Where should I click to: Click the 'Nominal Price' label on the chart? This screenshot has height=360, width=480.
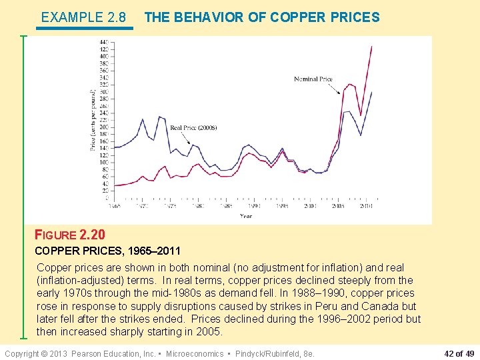coord(313,79)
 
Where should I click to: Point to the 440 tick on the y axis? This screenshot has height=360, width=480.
coord(103,43)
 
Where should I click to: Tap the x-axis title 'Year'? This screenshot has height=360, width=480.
coord(246,216)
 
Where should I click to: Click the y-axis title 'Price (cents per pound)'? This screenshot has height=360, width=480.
coord(93,120)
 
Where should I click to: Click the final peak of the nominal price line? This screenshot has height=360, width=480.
coord(371,46)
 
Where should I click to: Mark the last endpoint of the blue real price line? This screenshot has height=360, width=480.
coord(371,92)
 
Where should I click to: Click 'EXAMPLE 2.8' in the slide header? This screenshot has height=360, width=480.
coord(83,17)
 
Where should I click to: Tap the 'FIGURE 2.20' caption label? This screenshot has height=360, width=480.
coord(70,235)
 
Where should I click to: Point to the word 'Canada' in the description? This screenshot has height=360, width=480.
coord(381,306)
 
